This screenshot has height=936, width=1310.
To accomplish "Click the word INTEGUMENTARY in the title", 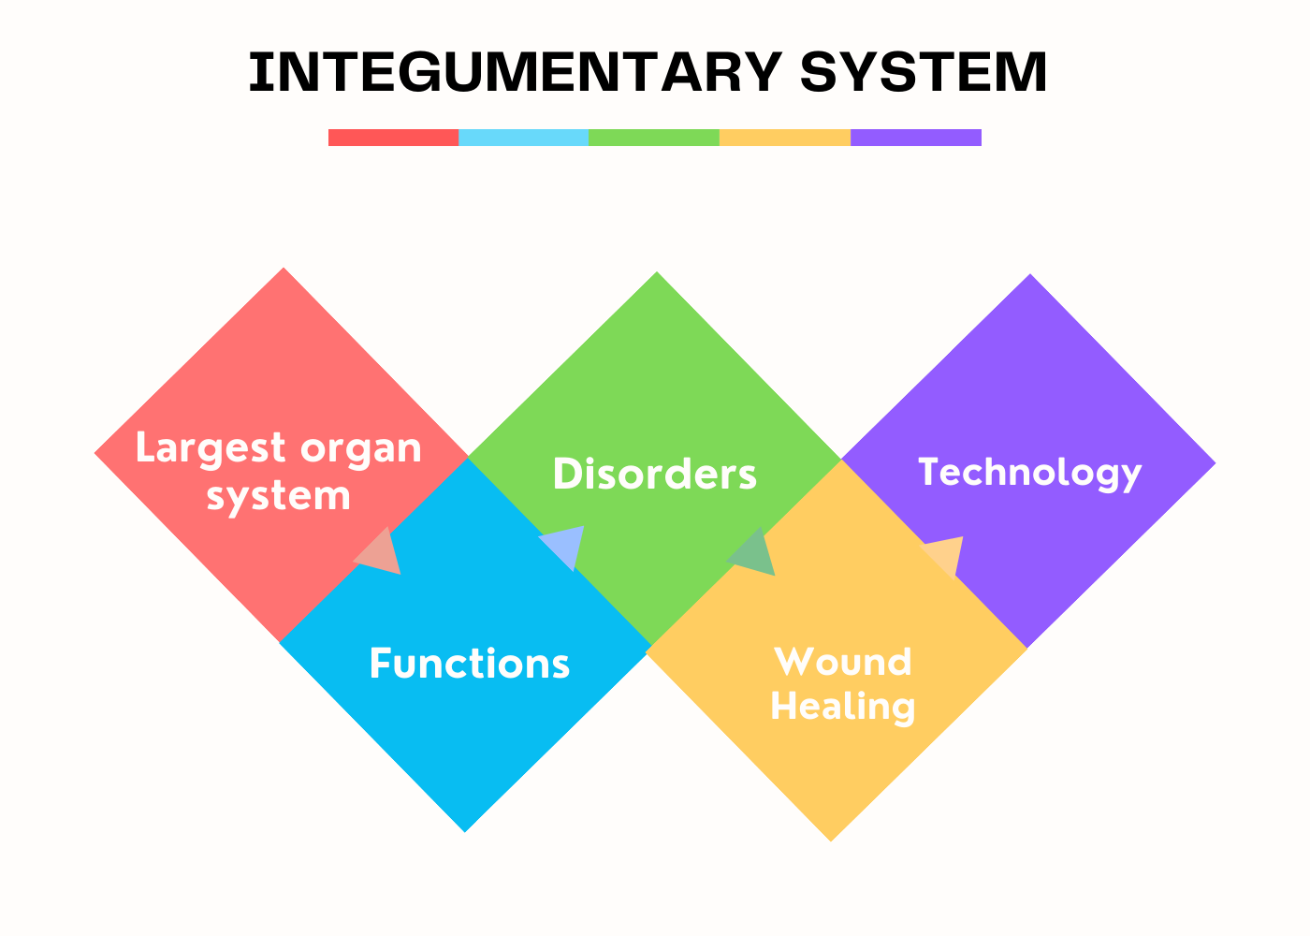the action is coord(516,72).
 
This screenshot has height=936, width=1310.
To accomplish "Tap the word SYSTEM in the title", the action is coord(924,72).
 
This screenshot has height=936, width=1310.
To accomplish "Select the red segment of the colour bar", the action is coord(394,138).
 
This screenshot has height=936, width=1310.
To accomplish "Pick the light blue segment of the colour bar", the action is coord(523,138).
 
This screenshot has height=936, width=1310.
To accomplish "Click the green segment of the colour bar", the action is coord(654,138).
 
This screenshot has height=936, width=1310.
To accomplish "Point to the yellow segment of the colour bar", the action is coord(785,138).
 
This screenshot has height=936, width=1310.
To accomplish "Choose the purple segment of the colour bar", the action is coord(916,138).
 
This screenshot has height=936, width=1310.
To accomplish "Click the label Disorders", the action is coord(655,474).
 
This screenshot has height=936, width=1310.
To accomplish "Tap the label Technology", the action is coord(1030,474).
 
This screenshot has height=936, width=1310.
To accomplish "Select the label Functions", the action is coord(470,664).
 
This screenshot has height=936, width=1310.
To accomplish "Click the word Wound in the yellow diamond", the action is coord(843,662).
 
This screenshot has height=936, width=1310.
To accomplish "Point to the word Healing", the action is coord(843,708).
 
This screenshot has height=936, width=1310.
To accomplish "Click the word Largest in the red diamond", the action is coord(211,448).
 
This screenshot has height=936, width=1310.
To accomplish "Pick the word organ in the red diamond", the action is coord(361,451).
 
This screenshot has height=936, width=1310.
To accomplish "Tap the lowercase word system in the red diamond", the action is coord(279,498).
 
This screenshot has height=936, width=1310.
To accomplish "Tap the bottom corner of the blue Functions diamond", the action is coord(465,832).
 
